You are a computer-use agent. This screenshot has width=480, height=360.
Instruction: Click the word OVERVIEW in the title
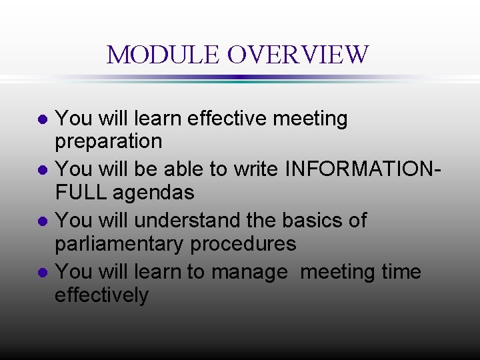[x=297, y=55]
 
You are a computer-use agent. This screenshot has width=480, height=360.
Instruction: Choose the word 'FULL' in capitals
[x=81, y=193]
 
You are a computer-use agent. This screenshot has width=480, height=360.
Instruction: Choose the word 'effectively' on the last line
[x=101, y=295]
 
